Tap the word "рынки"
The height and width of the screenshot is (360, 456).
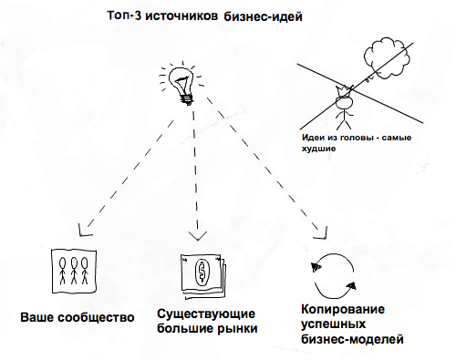233,328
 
